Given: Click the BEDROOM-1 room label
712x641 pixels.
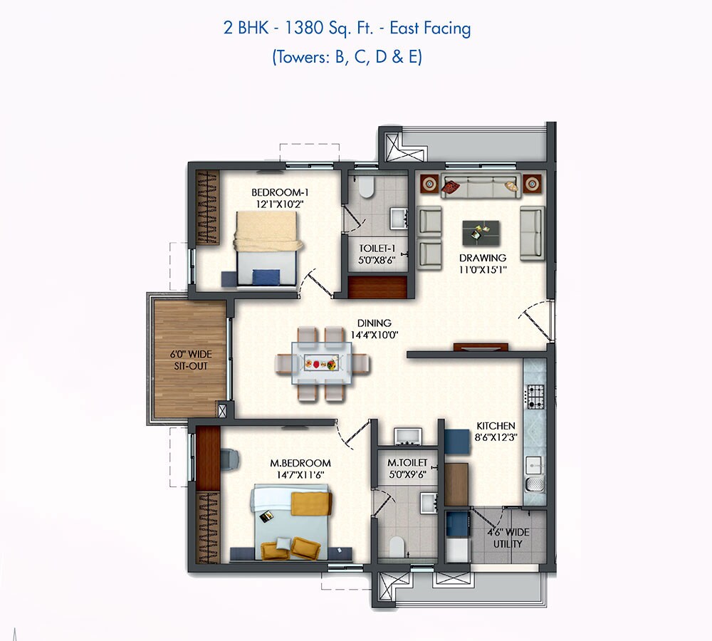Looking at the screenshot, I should (279, 192).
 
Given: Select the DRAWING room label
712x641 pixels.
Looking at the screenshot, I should (482, 258).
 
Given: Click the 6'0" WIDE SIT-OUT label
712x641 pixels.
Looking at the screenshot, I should (189, 360).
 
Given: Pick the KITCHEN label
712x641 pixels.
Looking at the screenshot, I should (496, 426).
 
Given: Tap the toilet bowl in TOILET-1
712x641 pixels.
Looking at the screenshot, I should (366, 187).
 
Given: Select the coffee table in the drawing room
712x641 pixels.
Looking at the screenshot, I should (481, 232).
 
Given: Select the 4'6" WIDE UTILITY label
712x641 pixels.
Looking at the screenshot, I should (508, 538).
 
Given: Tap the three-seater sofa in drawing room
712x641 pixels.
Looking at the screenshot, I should (479, 187).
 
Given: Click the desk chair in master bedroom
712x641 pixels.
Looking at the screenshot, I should (231, 459).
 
